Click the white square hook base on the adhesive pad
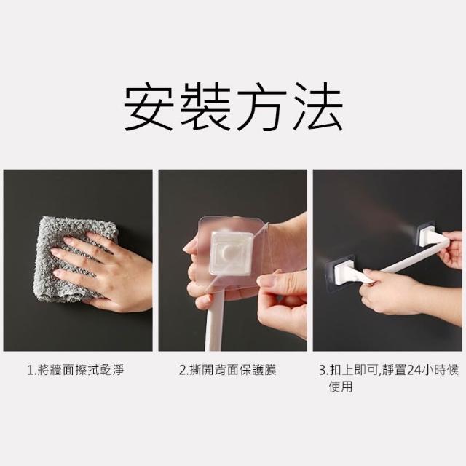point(231,253)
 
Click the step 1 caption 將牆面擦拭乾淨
point(80,371)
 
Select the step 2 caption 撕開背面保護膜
point(233,371)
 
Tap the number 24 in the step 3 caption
point(414,371)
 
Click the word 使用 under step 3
point(341,387)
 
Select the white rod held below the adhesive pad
point(216,320)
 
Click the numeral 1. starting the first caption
point(31,371)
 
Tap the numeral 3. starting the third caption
point(325,371)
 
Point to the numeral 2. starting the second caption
point(184,371)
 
